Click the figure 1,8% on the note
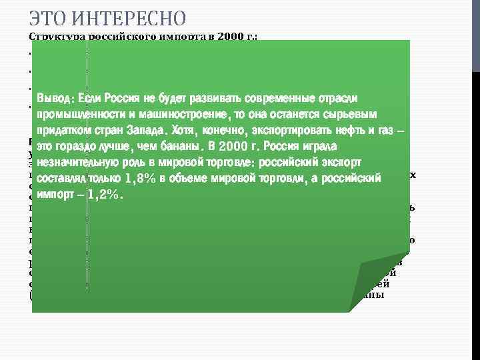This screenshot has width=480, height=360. coord(140,179)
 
